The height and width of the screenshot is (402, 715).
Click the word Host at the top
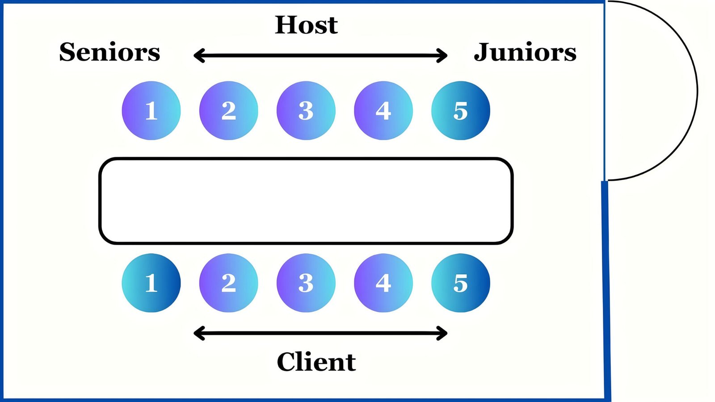pos(306,25)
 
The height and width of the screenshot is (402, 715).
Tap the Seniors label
pos(109,52)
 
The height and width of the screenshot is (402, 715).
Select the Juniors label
pos(525,52)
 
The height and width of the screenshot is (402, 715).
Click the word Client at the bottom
pos(316,362)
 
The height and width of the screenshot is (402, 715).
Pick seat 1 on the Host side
pos(151,110)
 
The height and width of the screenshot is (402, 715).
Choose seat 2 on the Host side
pos(228,110)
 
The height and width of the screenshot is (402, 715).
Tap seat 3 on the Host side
pos(306,110)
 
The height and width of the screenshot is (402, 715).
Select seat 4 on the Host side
pos(383,110)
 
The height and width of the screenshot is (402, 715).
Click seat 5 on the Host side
pos(461,110)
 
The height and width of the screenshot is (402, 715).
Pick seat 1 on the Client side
pos(151,283)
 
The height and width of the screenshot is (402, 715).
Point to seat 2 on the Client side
pos(228,283)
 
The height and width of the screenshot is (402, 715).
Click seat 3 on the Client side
pos(306,283)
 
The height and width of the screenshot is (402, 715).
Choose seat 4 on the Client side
pos(383,283)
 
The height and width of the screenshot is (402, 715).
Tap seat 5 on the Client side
pos(461,283)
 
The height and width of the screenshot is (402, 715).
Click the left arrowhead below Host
pos(198,55)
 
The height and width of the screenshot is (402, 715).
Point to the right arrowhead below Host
pos(442,55)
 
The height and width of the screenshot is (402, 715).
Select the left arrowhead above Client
pos(198,333)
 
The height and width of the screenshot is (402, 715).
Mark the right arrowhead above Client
pos(442,333)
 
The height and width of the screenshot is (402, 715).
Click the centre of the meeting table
pos(306,201)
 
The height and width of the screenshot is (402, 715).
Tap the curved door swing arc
pos(698,91)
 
